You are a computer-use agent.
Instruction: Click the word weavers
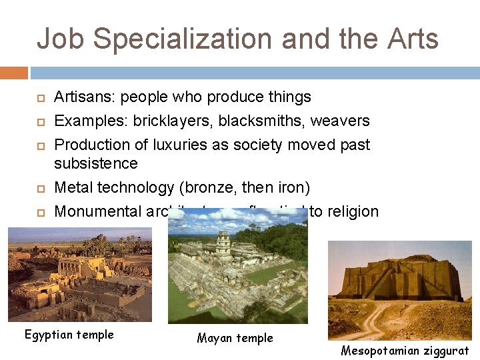[341, 121]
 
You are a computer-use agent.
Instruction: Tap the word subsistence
[97, 164]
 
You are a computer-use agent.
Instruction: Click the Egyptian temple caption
[69, 335]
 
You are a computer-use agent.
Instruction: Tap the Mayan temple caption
[235, 339]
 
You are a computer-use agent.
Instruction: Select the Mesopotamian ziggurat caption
[405, 351]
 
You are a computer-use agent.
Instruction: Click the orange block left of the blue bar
[14, 73]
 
